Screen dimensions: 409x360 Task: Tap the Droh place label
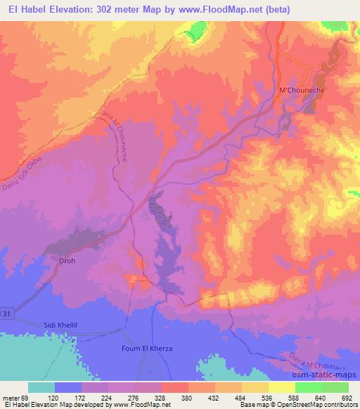[65, 260]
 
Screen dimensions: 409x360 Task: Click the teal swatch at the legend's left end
[41, 387]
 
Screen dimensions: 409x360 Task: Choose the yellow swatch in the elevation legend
[282, 387]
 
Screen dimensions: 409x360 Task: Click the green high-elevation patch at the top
[196, 32]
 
